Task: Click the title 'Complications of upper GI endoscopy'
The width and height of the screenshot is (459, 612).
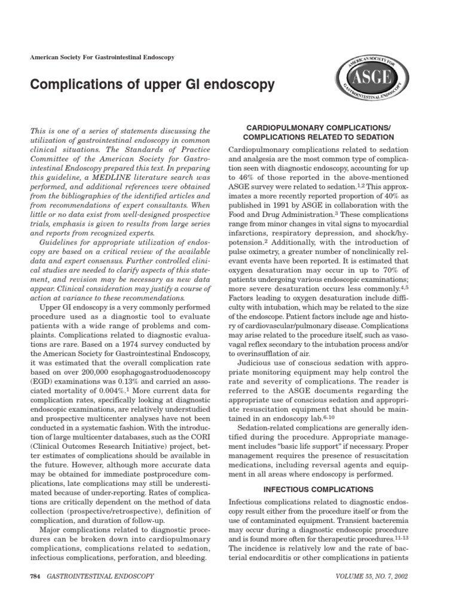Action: click(x=152, y=84)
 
